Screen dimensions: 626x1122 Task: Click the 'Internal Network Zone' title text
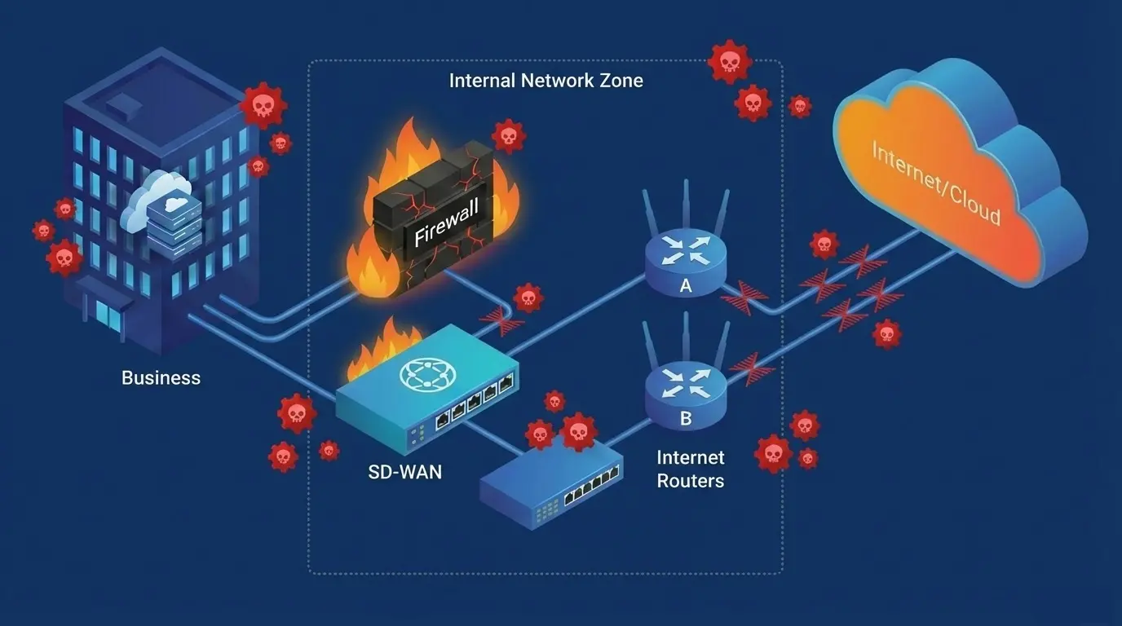(546, 81)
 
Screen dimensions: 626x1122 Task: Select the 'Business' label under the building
(161, 378)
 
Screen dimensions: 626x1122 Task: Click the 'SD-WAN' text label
(404, 472)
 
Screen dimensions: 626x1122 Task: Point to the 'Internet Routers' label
(690, 469)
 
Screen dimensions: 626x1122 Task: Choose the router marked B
(685, 394)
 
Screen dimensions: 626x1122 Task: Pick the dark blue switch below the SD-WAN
(550, 484)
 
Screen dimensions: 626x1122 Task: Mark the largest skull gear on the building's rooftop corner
(263, 104)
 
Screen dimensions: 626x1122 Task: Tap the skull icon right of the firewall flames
(508, 136)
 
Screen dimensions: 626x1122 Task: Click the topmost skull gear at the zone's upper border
(728, 62)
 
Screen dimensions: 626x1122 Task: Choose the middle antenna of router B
(686, 337)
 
